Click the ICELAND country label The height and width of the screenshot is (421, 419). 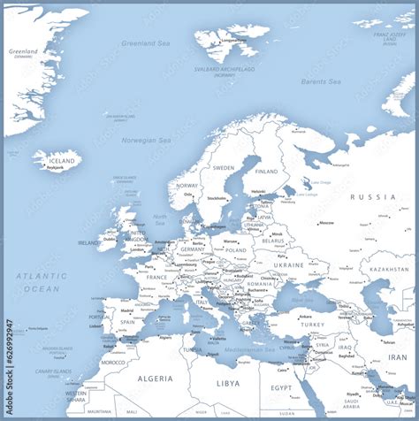point(62,161)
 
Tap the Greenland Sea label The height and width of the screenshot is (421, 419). point(145,42)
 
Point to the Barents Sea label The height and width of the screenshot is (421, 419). point(320,81)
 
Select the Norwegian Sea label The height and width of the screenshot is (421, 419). point(147,140)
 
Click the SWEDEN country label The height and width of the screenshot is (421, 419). point(223,167)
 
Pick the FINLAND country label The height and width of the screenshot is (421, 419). point(265,172)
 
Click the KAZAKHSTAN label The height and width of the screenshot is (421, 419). point(389,269)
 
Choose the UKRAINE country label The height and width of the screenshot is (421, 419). point(288,264)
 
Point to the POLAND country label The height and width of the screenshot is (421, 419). point(235,250)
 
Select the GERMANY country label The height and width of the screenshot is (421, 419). point(192,249)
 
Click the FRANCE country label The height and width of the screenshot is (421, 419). point(156,277)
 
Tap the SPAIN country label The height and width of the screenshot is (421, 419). point(128,322)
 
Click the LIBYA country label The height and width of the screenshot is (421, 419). point(228,383)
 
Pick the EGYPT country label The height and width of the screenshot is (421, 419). point(281,388)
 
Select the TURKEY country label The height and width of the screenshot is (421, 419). point(312,324)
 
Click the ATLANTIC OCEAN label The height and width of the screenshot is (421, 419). point(41,282)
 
